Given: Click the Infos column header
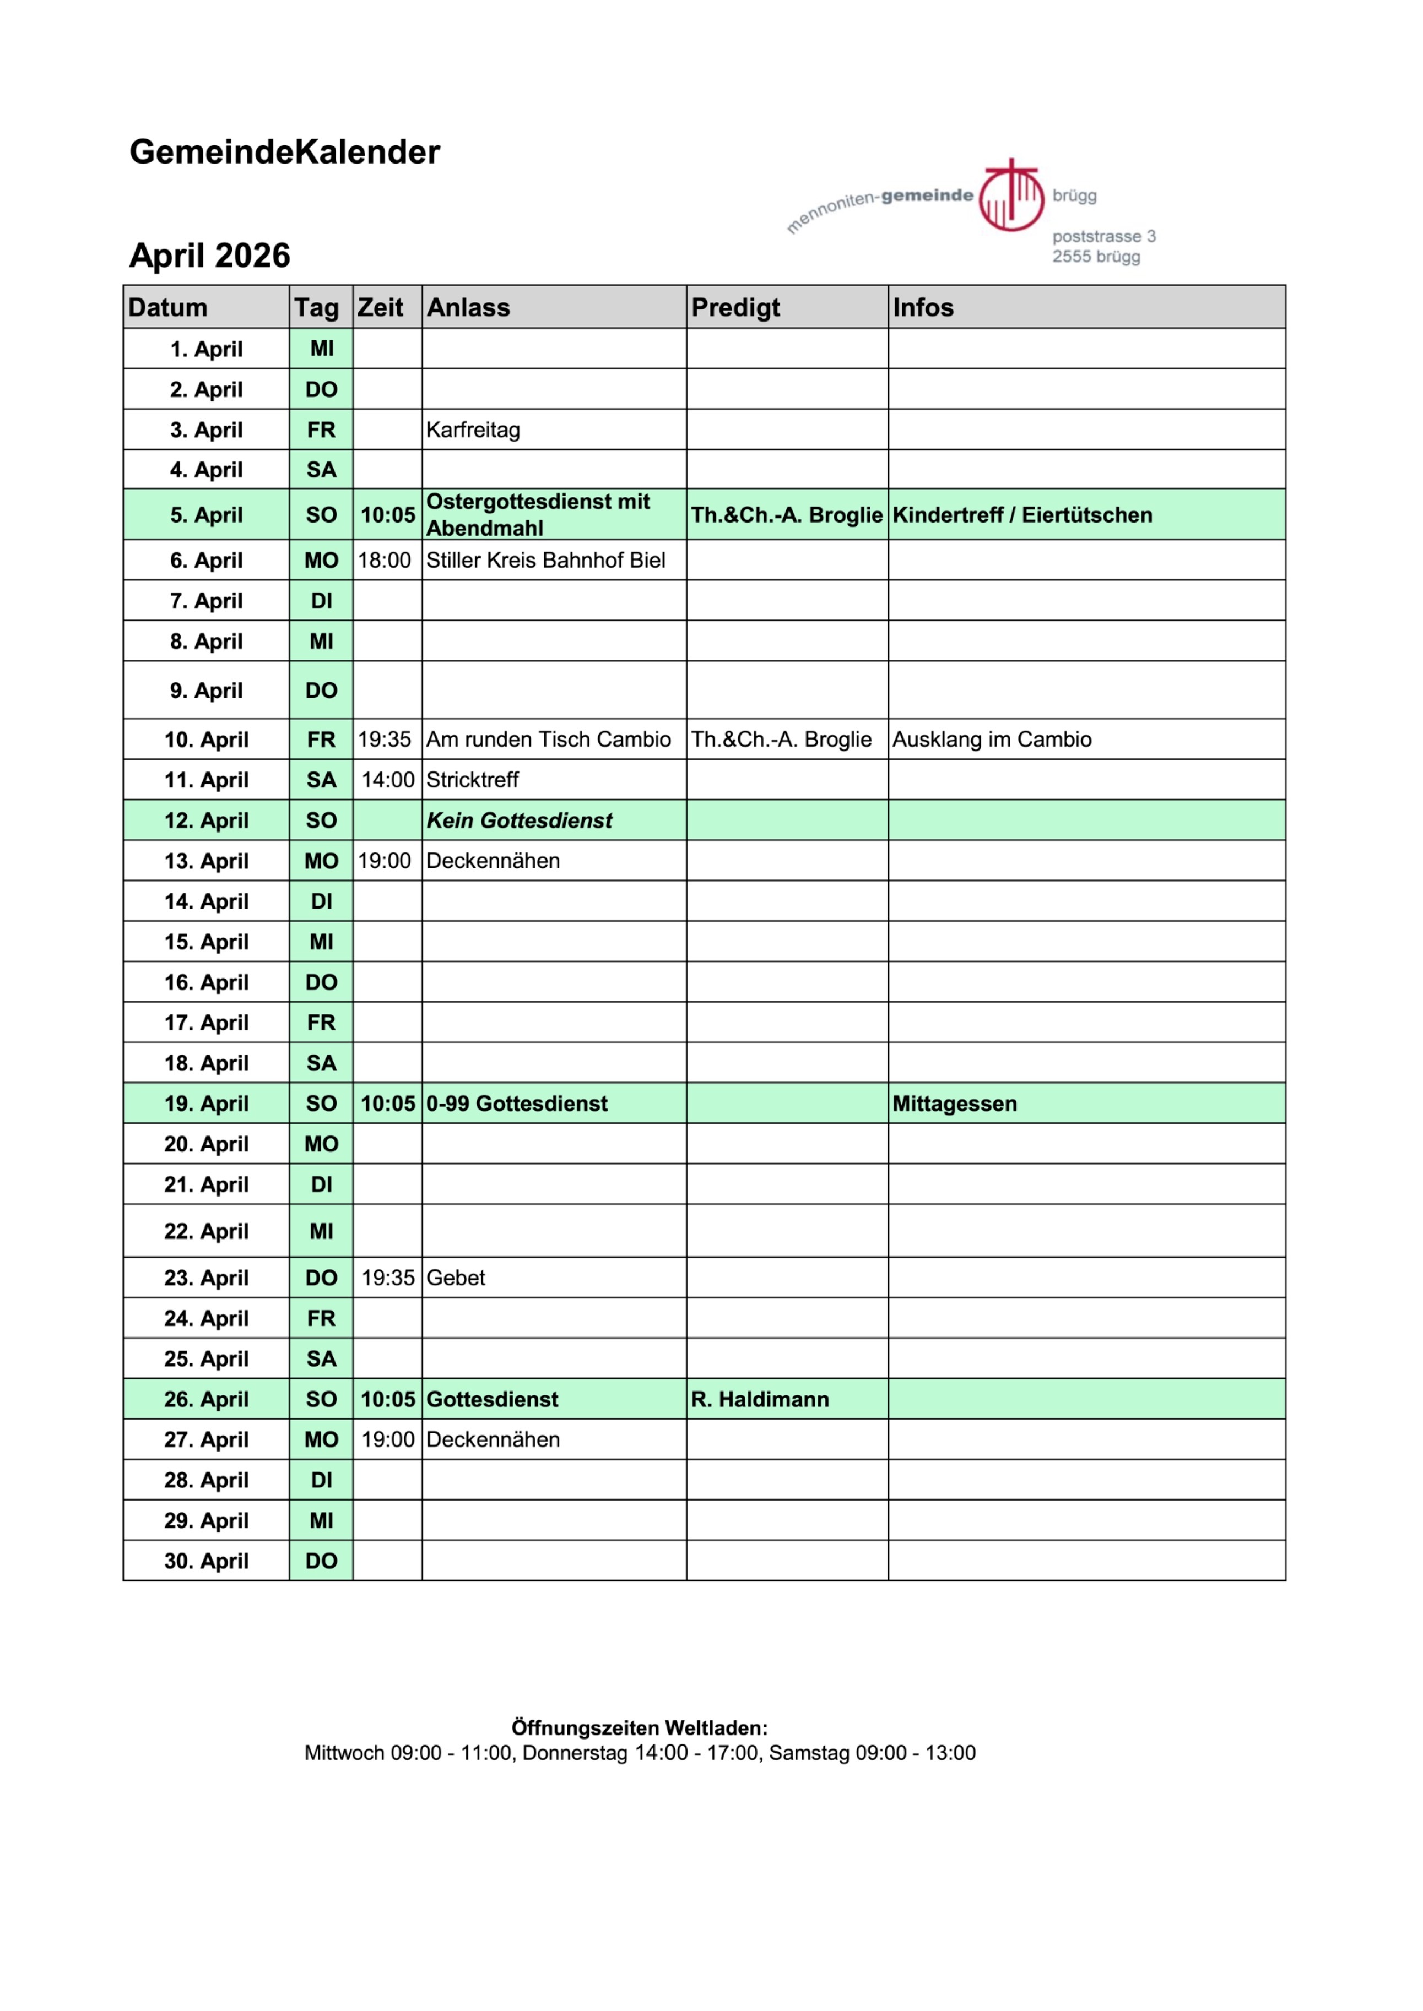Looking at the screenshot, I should [923, 307].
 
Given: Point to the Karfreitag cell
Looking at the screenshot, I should [473, 430].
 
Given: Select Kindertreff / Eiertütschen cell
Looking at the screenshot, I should [1022, 515].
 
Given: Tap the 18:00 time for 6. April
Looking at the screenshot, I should [384, 561].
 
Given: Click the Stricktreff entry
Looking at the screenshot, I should [472, 780].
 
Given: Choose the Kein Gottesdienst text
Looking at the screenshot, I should [519, 820].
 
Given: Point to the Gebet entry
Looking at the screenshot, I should [456, 1278].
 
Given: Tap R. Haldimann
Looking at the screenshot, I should [760, 1400].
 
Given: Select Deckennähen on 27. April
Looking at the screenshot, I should [493, 1440].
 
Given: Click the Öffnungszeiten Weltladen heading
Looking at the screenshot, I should [640, 1728].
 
